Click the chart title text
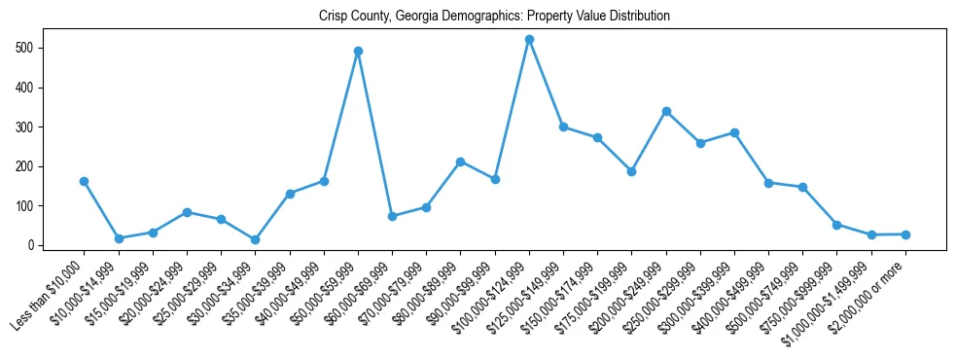(x=494, y=17)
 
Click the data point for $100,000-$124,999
(x=529, y=40)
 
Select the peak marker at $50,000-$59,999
(x=358, y=51)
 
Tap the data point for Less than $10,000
(x=85, y=181)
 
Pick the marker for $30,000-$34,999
(x=256, y=239)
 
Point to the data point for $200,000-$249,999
(x=666, y=111)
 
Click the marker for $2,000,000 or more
(x=905, y=234)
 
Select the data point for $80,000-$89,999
(x=461, y=162)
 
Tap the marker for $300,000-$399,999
(x=734, y=132)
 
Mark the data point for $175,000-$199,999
(x=632, y=171)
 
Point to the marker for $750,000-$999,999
(x=837, y=225)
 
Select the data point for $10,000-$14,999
(x=119, y=238)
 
